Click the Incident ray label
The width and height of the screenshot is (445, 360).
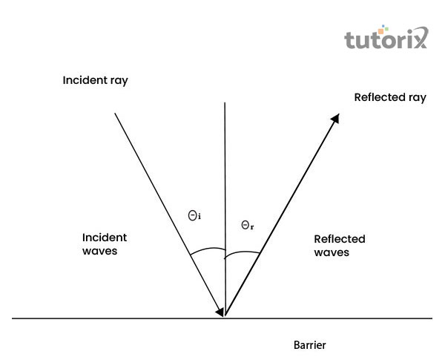96,80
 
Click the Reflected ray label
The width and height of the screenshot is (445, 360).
390,97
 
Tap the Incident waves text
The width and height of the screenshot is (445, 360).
104,244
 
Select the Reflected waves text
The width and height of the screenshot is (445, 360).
340,246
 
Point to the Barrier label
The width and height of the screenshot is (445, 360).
309,345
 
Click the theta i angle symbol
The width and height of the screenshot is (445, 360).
194,215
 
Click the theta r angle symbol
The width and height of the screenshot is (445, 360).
248,225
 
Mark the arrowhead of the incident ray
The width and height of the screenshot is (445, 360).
220,312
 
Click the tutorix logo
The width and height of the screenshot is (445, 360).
386,39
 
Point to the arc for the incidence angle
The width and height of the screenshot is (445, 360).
206,250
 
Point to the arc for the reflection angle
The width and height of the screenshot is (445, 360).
243,252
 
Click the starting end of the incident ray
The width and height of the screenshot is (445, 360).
115,113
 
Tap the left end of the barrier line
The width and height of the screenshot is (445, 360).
13,318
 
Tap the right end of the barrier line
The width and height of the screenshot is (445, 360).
432,318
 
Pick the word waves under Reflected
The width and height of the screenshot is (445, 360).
332,252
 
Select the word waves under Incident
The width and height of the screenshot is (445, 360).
99,251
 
